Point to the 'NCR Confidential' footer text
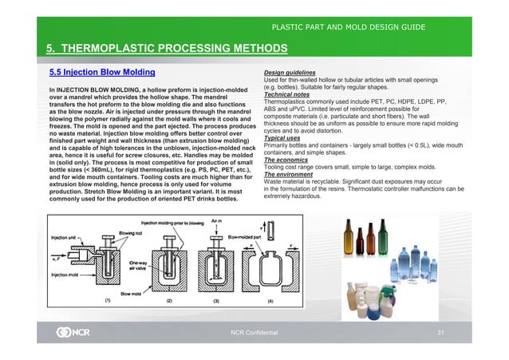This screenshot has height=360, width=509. coord(257,330)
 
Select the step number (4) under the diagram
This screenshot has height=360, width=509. coord(270,301)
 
